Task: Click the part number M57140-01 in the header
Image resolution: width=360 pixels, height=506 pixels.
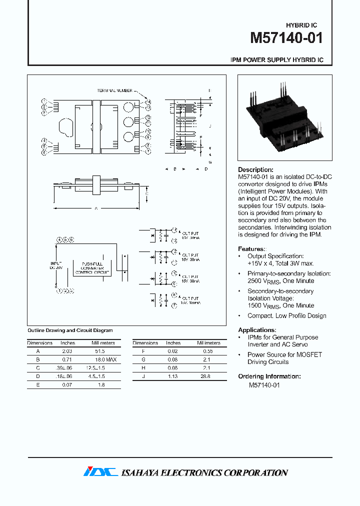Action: tap(286, 38)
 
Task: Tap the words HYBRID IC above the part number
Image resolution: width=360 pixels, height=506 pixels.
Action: tap(301, 25)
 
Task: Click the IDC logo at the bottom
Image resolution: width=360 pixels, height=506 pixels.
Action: tap(100, 472)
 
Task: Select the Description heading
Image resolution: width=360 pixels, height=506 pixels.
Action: tap(255, 170)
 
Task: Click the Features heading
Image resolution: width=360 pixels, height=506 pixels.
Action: tap(251, 249)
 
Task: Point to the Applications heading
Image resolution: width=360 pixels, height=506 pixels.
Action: tap(257, 330)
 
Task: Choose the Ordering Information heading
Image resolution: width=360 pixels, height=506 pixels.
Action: tap(269, 376)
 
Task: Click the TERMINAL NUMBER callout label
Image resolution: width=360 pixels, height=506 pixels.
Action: tap(114, 90)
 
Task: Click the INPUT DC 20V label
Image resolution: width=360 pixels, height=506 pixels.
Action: tap(55, 265)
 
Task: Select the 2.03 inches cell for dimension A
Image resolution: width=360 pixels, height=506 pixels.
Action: tap(67, 351)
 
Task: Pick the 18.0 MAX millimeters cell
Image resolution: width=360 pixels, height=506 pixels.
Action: tap(103, 359)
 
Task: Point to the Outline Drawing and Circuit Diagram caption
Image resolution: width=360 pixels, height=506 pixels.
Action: tap(69, 330)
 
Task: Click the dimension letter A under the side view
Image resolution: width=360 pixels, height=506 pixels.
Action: tap(95, 208)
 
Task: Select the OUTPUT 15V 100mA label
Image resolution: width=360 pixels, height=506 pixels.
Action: tap(190, 300)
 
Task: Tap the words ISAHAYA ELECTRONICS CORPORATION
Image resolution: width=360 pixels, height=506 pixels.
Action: tap(204, 472)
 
